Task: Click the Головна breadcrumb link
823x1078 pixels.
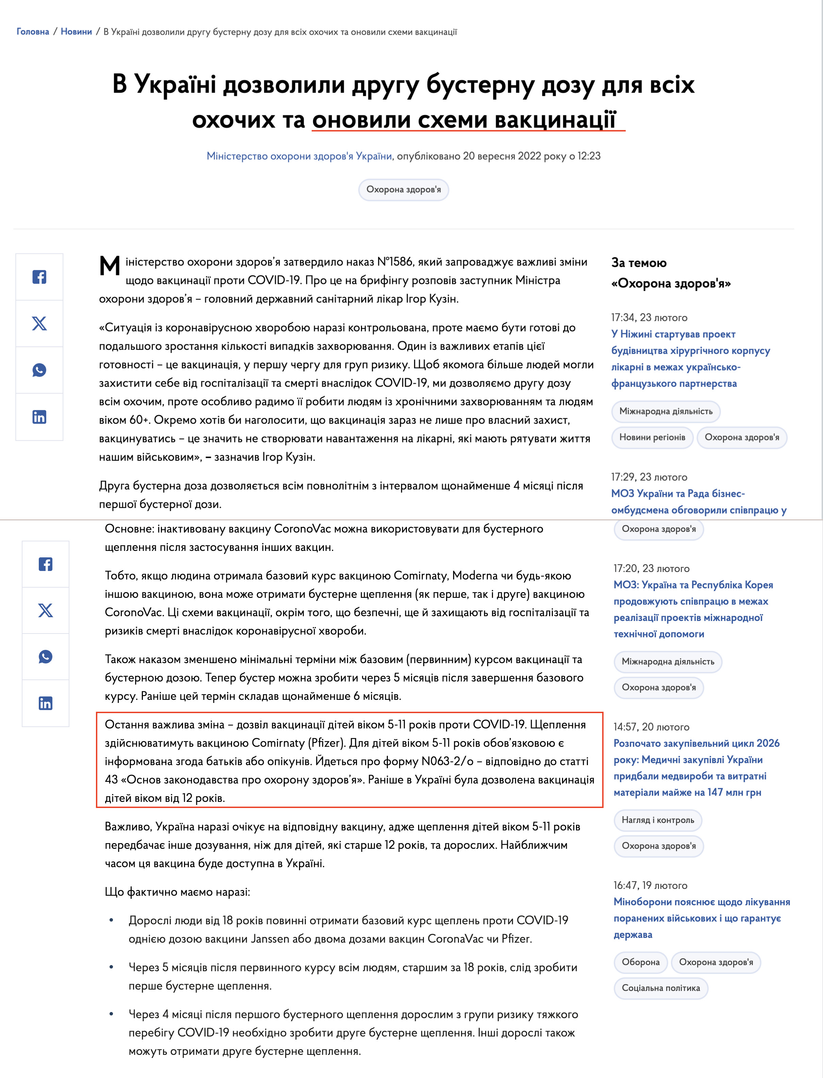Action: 33,32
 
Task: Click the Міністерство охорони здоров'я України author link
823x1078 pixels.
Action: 299,156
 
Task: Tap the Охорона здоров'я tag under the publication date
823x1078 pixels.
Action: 403,189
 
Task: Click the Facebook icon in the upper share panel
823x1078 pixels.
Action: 39,277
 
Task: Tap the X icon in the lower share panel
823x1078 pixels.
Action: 46,610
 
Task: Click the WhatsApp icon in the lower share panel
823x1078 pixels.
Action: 46,657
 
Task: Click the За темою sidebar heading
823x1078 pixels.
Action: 639,263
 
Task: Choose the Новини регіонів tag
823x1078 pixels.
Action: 652,437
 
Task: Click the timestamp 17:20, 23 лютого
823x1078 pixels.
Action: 651,568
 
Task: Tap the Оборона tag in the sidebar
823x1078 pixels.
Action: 640,962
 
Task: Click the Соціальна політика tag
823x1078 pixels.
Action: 660,988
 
